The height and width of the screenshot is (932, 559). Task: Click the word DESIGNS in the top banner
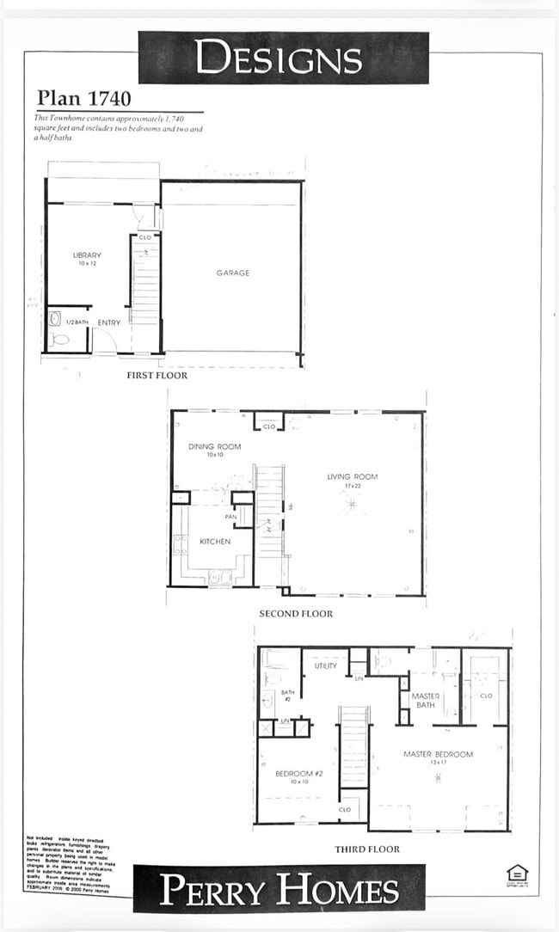point(278,58)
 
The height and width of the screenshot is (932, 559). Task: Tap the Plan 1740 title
point(84,99)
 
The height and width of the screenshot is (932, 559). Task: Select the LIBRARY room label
point(87,255)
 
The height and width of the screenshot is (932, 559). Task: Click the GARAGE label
point(232,273)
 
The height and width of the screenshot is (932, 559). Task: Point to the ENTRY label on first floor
point(109,322)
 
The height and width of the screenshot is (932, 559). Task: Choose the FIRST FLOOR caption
point(157,375)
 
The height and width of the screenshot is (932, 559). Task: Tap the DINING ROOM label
point(214,446)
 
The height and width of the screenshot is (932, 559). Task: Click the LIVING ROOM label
point(352,476)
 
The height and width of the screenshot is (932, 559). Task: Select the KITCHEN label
point(215,542)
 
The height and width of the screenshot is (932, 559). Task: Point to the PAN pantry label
point(231,517)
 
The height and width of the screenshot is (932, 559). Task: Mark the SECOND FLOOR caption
point(296,614)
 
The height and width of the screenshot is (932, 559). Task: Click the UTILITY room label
point(326,665)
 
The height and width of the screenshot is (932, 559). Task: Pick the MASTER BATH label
point(426,700)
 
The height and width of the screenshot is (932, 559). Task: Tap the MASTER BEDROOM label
point(438,754)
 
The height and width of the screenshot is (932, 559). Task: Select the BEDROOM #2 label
point(298,774)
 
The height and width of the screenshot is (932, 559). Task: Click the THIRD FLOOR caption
point(367,849)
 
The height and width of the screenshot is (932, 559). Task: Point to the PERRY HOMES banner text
point(279,891)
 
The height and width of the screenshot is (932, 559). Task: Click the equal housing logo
point(517,873)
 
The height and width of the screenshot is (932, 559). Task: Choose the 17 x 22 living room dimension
point(352,487)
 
